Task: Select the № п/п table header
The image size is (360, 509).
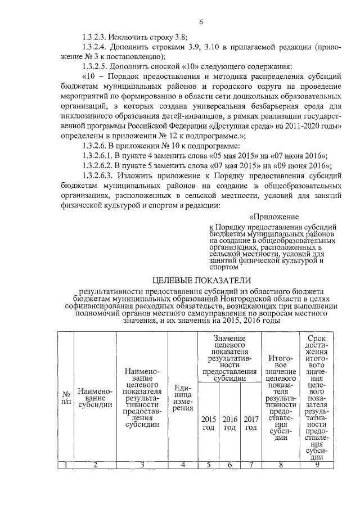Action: point(66,398)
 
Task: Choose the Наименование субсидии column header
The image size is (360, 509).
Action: point(95,398)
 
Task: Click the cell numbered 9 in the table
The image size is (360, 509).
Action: point(317,464)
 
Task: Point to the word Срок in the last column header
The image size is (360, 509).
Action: point(317,338)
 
